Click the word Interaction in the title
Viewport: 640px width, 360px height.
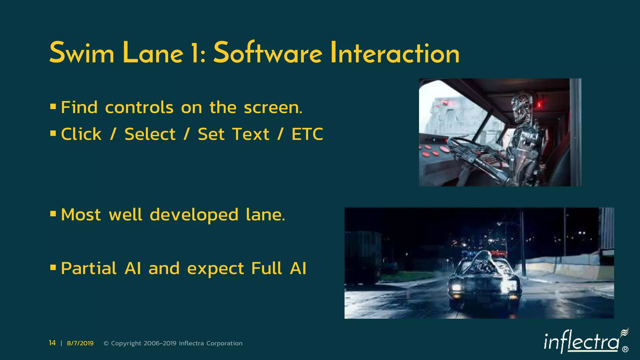point(395,53)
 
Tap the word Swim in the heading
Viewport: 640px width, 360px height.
point(82,53)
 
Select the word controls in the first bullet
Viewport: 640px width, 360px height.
point(139,107)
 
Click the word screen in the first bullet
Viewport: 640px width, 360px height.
point(272,107)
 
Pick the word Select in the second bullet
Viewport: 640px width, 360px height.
point(150,134)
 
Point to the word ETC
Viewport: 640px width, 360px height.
point(307,134)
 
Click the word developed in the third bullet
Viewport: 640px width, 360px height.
point(194,215)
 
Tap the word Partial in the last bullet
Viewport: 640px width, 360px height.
point(89,268)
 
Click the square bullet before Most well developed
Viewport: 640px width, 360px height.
point(53,214)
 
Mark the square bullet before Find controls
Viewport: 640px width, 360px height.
point(53,107)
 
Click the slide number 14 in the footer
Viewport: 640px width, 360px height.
point(52,343)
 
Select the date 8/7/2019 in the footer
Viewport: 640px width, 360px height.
point(80,343)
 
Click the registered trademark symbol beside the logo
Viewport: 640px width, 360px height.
point(625,349)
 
